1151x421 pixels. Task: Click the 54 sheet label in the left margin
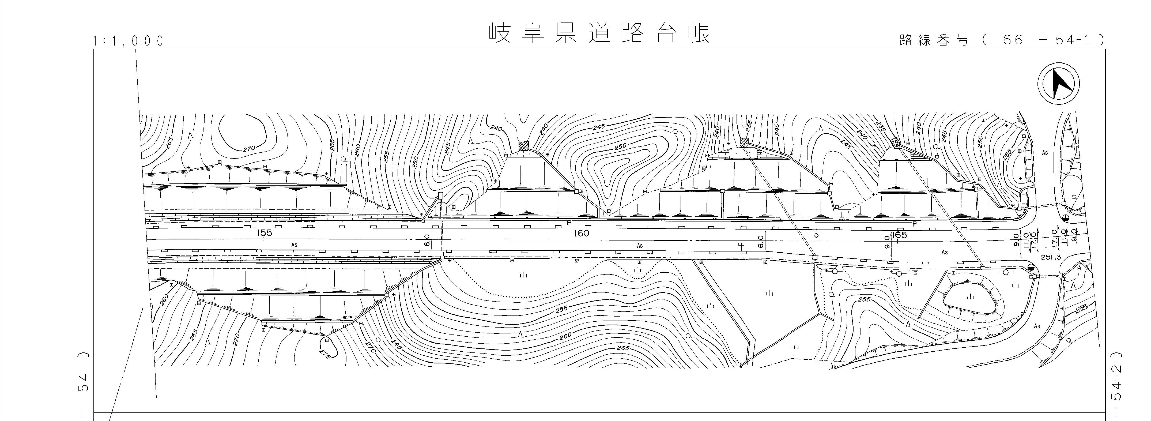click(x=83, y=382)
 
